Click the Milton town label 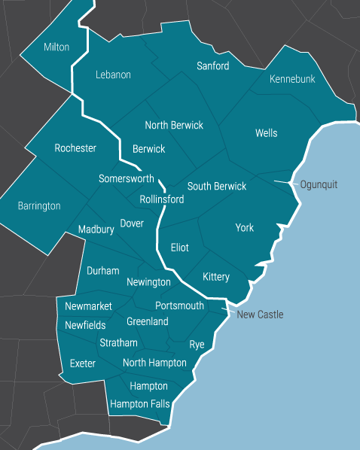(56, 47)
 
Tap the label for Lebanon (114, 74)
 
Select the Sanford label (212, 66)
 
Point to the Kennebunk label (292, 79)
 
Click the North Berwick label (174, 125)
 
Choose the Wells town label (266, 133)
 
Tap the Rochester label (75, 148)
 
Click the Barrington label (39, 205)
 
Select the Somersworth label (127, 179)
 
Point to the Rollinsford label (162, 199)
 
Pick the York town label (245, 228)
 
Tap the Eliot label (180, 248)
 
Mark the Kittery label (216, 277)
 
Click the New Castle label (260, 315)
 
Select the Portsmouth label (179, 306)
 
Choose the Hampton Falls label (140, 404)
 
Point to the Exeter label (83, 363)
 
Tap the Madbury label (96, 230)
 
